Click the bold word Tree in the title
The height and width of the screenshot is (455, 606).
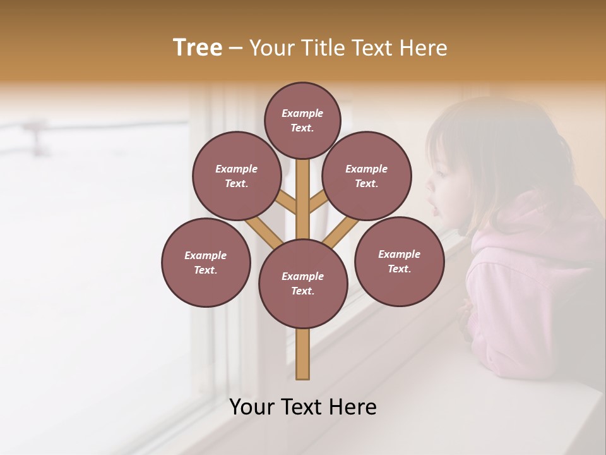[198, 47]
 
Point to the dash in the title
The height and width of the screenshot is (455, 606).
[236, 48]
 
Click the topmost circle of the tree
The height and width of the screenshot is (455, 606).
[302, 120]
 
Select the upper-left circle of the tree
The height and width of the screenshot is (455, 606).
[236, 176]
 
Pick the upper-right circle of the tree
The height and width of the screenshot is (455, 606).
[366, 176]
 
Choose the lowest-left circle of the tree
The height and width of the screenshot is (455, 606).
[206, 262]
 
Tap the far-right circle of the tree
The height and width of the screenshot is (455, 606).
[399, 261]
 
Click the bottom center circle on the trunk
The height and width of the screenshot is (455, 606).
[302, 283]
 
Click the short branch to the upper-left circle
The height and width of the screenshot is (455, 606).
[287, 203]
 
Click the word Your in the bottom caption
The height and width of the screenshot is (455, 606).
[251, 407]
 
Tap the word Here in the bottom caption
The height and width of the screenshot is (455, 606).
[354, 407]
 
